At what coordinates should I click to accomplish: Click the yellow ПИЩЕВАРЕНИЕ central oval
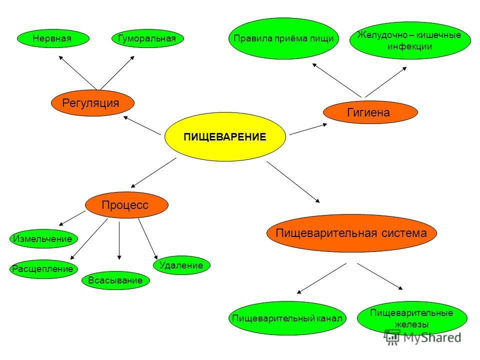click(225, 136)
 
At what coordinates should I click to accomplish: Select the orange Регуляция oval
click(93, 103)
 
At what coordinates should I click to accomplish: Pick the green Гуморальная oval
click(147, 38)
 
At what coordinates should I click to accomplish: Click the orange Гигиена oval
click(370, 113)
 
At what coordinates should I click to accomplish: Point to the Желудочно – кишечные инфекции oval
click(410, 40)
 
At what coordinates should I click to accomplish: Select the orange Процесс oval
click(126, 205)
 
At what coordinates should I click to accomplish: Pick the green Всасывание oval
click(115, 280)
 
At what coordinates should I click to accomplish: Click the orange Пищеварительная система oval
click(352, 233)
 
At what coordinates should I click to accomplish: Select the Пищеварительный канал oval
click(287, 318)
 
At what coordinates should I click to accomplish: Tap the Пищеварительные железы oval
click(411, 318)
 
